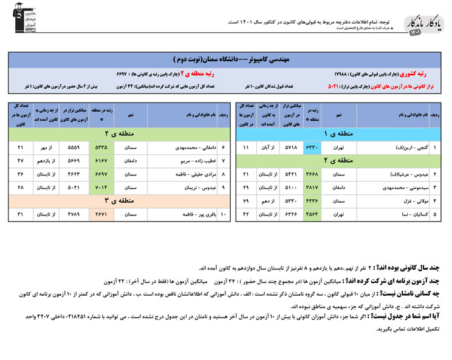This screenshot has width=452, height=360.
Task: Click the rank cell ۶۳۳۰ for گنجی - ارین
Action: [311, 148]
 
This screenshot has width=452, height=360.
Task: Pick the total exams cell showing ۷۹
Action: [246, 201]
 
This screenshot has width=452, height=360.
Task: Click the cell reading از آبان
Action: [269, 148]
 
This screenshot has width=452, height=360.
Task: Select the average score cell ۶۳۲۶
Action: [290, 214]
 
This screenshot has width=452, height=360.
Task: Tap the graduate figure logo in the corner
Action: [20, 21]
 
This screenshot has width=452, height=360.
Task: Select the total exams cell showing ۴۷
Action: [21, 161]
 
